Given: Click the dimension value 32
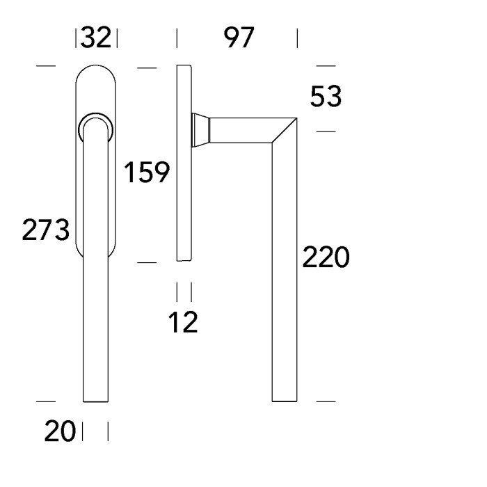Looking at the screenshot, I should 97,38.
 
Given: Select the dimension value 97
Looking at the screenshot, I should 239,38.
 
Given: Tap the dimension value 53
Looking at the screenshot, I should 326,97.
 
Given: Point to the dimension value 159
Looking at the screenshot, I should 146,171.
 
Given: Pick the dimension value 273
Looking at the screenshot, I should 45,229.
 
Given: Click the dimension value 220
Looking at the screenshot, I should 325,258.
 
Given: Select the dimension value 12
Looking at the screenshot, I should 184,322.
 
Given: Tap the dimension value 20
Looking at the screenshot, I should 61,433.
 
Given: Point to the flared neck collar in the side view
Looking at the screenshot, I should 200,131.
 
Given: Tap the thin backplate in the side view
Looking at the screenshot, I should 184,163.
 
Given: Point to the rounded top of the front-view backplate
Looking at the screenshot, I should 96,73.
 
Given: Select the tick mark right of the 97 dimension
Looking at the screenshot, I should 298,38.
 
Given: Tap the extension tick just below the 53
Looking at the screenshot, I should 326,131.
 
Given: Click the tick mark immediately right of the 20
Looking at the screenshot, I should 83,432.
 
